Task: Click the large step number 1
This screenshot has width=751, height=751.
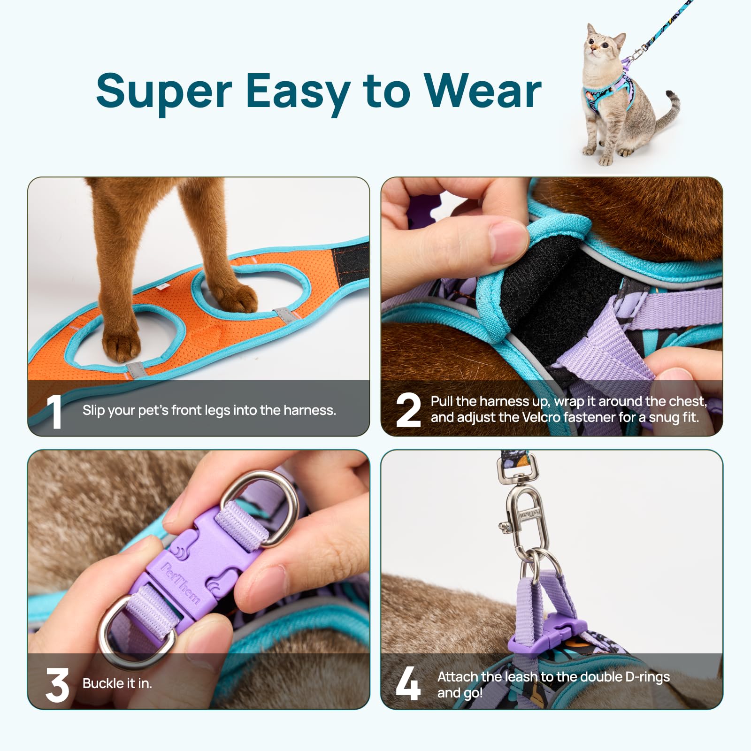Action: click(x=55, y=411)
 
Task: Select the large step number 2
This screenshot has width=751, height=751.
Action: click(x=408, y=410)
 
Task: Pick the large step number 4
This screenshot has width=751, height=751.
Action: click(x=407, y=684)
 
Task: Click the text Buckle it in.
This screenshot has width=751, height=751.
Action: click(x=117, y=683)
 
